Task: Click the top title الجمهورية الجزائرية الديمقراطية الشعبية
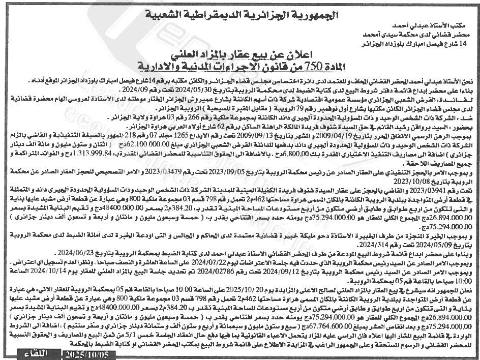pyautogui.click(x=239, y=13)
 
